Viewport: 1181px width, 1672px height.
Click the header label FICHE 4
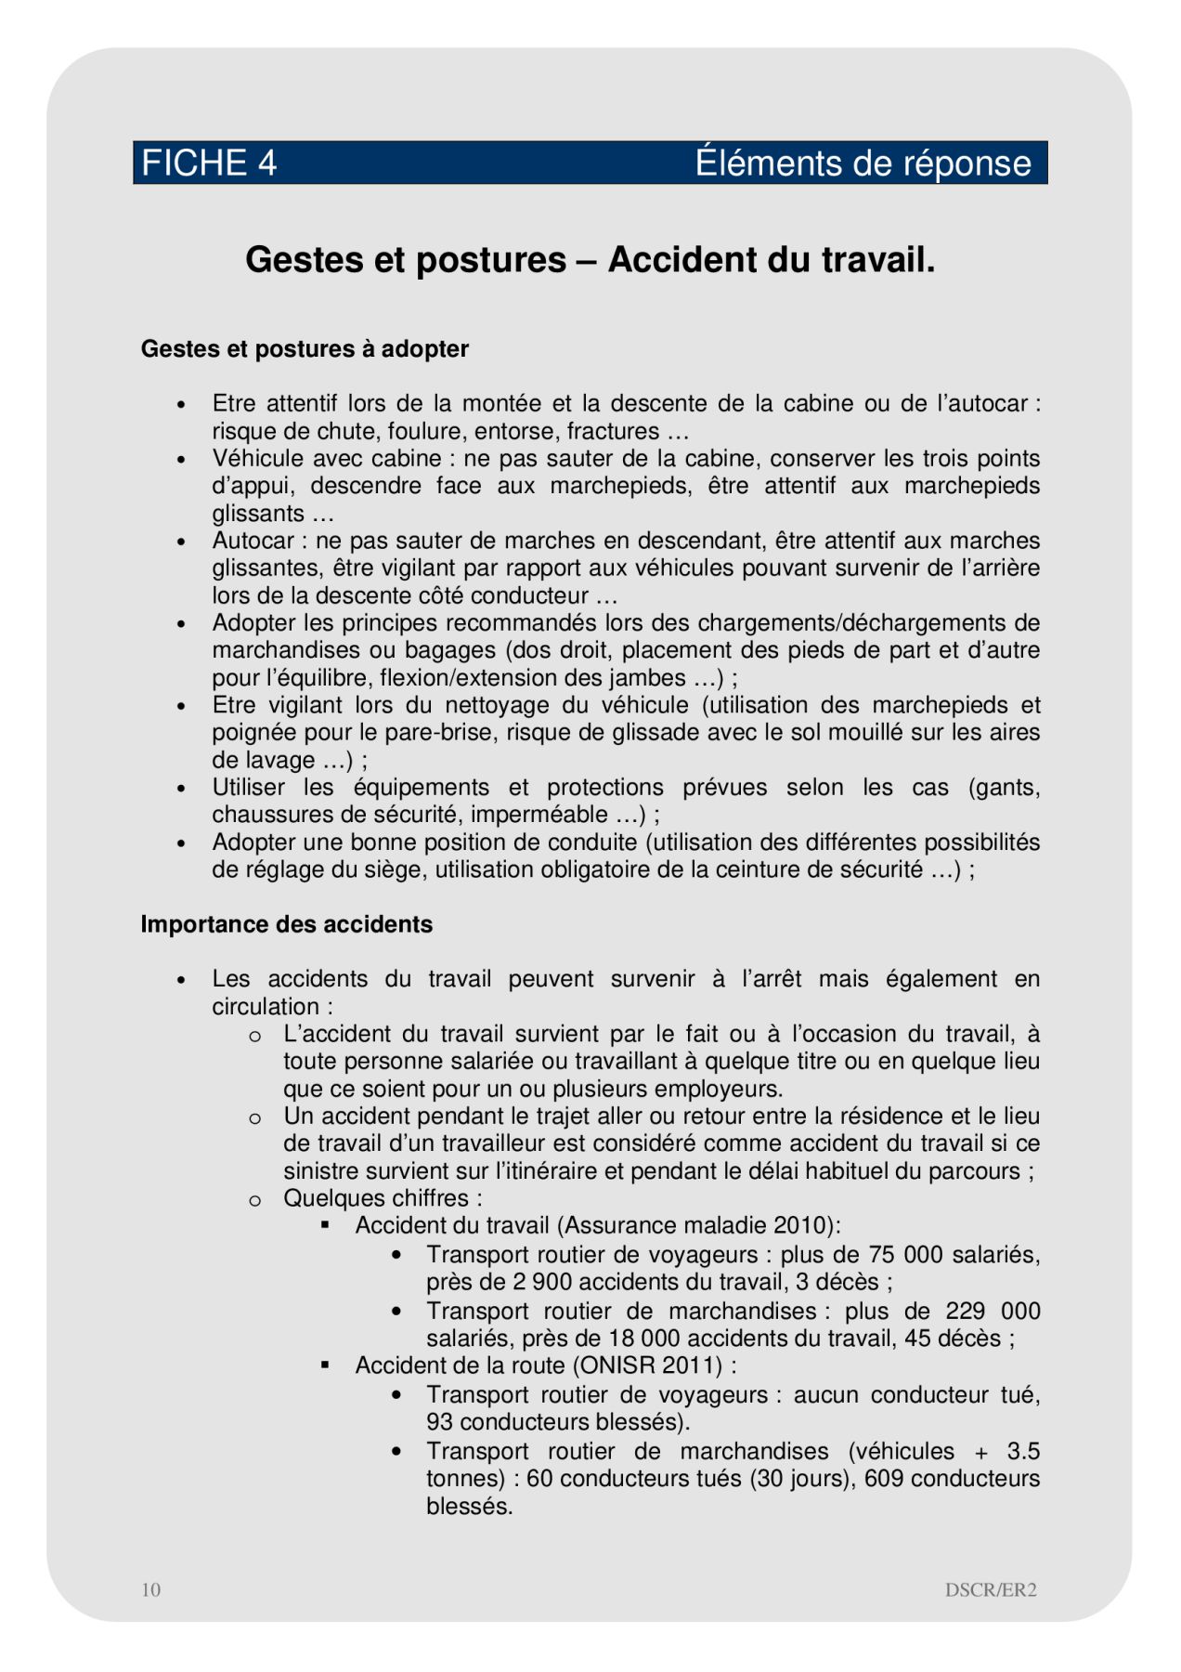pyautogui.click(x=209, y=163)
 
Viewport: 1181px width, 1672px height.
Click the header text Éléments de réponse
pyautogui.click(x=863, y=163)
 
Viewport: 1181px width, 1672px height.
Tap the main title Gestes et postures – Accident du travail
pyautogui.click(x=590, y=260)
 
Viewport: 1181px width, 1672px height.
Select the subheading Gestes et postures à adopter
pyautogui.click(x=305, y=349)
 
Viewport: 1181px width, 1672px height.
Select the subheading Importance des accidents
pyautogui.click(x=286, y=924)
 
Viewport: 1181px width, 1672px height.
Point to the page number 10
pyautogui.click(x=150, y=1589)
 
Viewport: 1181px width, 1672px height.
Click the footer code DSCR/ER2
pyautogui.click(x=991, y=1589)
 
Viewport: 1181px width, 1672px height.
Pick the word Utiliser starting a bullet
pyautogui.click(x=249, y=787)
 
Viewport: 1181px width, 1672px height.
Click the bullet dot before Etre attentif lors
pyautogui.click(x=182, y=405)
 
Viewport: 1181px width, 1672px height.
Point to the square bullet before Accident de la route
pyautogui.click(x=325, y=1365)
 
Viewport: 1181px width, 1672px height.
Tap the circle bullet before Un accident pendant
pyautogui.click(x=254, y=1117)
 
